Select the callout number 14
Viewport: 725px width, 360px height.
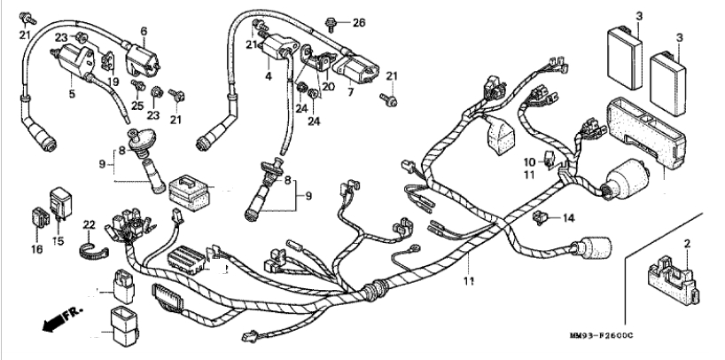pyautogui.click(x=569, y=216)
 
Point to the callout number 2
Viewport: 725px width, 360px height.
pyautogui.click(x=687, y=242)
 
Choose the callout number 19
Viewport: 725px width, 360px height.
pyautogui.click(x=113, y=82)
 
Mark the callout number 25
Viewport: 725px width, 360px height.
pyautogui.click(x=137, y=106)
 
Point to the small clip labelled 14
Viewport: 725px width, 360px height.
pyautogui.click(x=541, y=215)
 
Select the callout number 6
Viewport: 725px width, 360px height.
pyautogui.click(x=142, y=30)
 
